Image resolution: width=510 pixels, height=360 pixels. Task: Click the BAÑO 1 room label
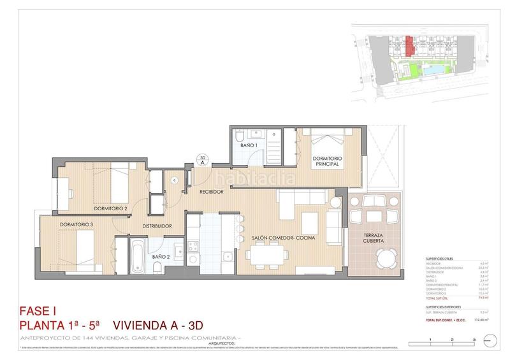click(249, 146)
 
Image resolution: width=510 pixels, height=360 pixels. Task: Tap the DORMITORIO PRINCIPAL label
click(329, 161)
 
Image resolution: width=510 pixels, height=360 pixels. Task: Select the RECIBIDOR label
click(211, 191)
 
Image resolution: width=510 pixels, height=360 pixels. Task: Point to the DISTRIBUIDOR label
click(156, 226)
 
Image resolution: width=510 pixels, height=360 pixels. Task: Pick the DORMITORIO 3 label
click(78, 224)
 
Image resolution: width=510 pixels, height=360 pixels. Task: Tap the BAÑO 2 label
click(161, 257)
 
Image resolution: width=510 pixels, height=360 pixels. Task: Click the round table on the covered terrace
click(385, 259)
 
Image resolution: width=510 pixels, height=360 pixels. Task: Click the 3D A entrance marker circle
click(202, 159)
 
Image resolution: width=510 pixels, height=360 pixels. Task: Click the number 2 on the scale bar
click(452, 340)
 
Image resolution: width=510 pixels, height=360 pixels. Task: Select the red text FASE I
click(38, 312)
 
